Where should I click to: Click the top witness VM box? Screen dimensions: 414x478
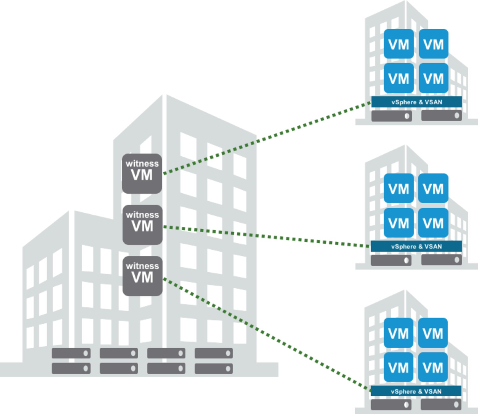pyautogui.click(x=142, y=173)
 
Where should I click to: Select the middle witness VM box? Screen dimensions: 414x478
pyautogui.click(x=142, y=225)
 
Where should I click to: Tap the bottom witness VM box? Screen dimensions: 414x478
pyautogui.click(x=142, y=276)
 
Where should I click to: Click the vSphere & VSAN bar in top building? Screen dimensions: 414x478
pyautogui.click(x=416, y=102)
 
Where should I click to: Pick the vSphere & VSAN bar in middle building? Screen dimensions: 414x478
pyautogui.click(x=416, y=246)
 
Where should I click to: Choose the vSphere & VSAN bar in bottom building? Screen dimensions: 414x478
pyautogui.click(x=416, y=391)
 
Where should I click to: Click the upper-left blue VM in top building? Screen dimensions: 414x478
pyautogui.click(x=399, y=44)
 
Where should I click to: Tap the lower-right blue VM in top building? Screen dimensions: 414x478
pyautogui.click(x=433, y=78)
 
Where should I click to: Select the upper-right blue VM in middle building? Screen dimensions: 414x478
pyautogui.click(x=433, y=189)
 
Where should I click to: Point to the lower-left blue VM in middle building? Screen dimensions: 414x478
pyautogui.click(x=399, y=223)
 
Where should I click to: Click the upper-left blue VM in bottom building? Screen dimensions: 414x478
pyautogui.click(x=399, y=333)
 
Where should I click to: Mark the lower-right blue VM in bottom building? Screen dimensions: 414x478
pyautogui.click(x=433, y=367)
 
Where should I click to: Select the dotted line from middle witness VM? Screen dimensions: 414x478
pyautogui.click(x=266, y=236)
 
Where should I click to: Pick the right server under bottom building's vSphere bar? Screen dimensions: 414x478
pyautogui.click(x=441, y=405)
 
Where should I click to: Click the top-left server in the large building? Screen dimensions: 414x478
pyautogui.click(x=71, y=353)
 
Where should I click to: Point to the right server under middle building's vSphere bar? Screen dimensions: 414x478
pyautogui.click(x=441, y=260)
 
